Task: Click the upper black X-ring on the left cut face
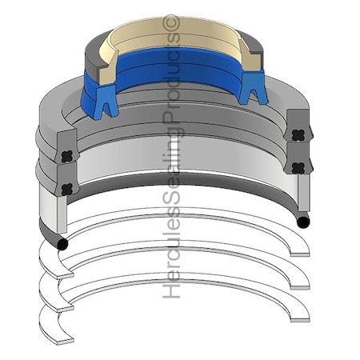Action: coord(67,157)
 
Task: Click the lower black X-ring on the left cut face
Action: coord(67,189)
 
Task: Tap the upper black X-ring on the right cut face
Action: coord(298,135)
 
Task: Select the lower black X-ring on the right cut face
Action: coord(298,168)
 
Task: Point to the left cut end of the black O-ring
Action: coord(62,244)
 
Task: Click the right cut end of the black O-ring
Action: coord(302,222)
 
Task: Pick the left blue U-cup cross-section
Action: coord(106,101)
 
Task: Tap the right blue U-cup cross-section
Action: coord(253,87)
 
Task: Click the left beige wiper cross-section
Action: coord(107,69)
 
